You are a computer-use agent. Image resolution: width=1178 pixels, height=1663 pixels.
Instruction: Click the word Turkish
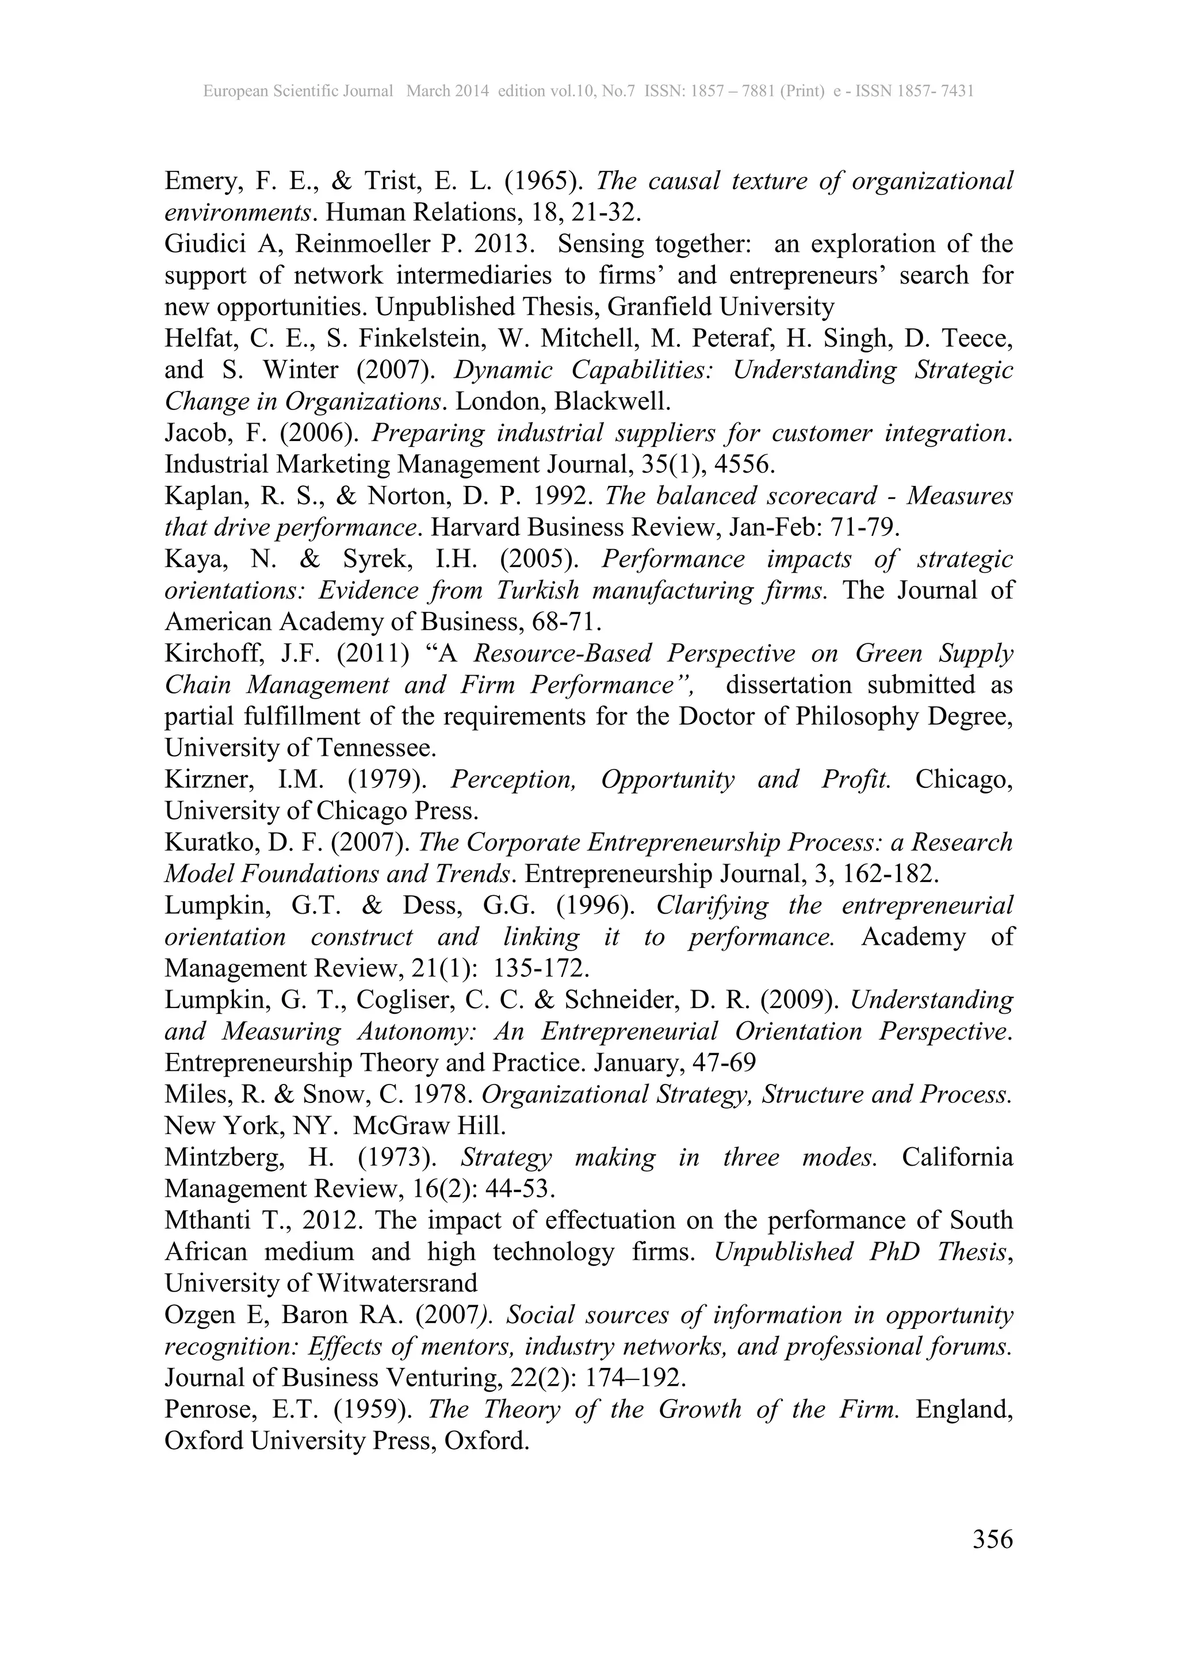click(537, 591)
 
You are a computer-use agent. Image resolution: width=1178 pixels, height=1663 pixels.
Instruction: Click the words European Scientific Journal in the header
click(298, 91)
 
